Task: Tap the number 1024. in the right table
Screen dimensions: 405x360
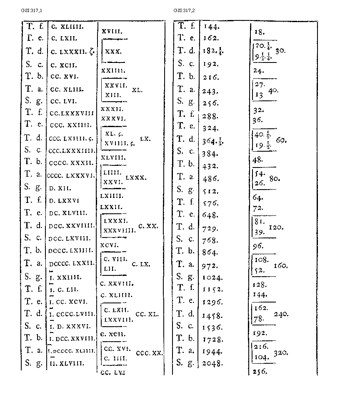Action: pos(212,277)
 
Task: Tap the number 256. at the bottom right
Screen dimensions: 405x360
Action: pos(260,372)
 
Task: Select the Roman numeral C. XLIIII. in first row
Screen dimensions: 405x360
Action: pos(68,26)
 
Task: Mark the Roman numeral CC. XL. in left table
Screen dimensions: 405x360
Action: pos(147,314)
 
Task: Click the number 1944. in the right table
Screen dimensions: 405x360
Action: pos(212,352)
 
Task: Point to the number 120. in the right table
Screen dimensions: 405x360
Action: pos(277,228)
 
